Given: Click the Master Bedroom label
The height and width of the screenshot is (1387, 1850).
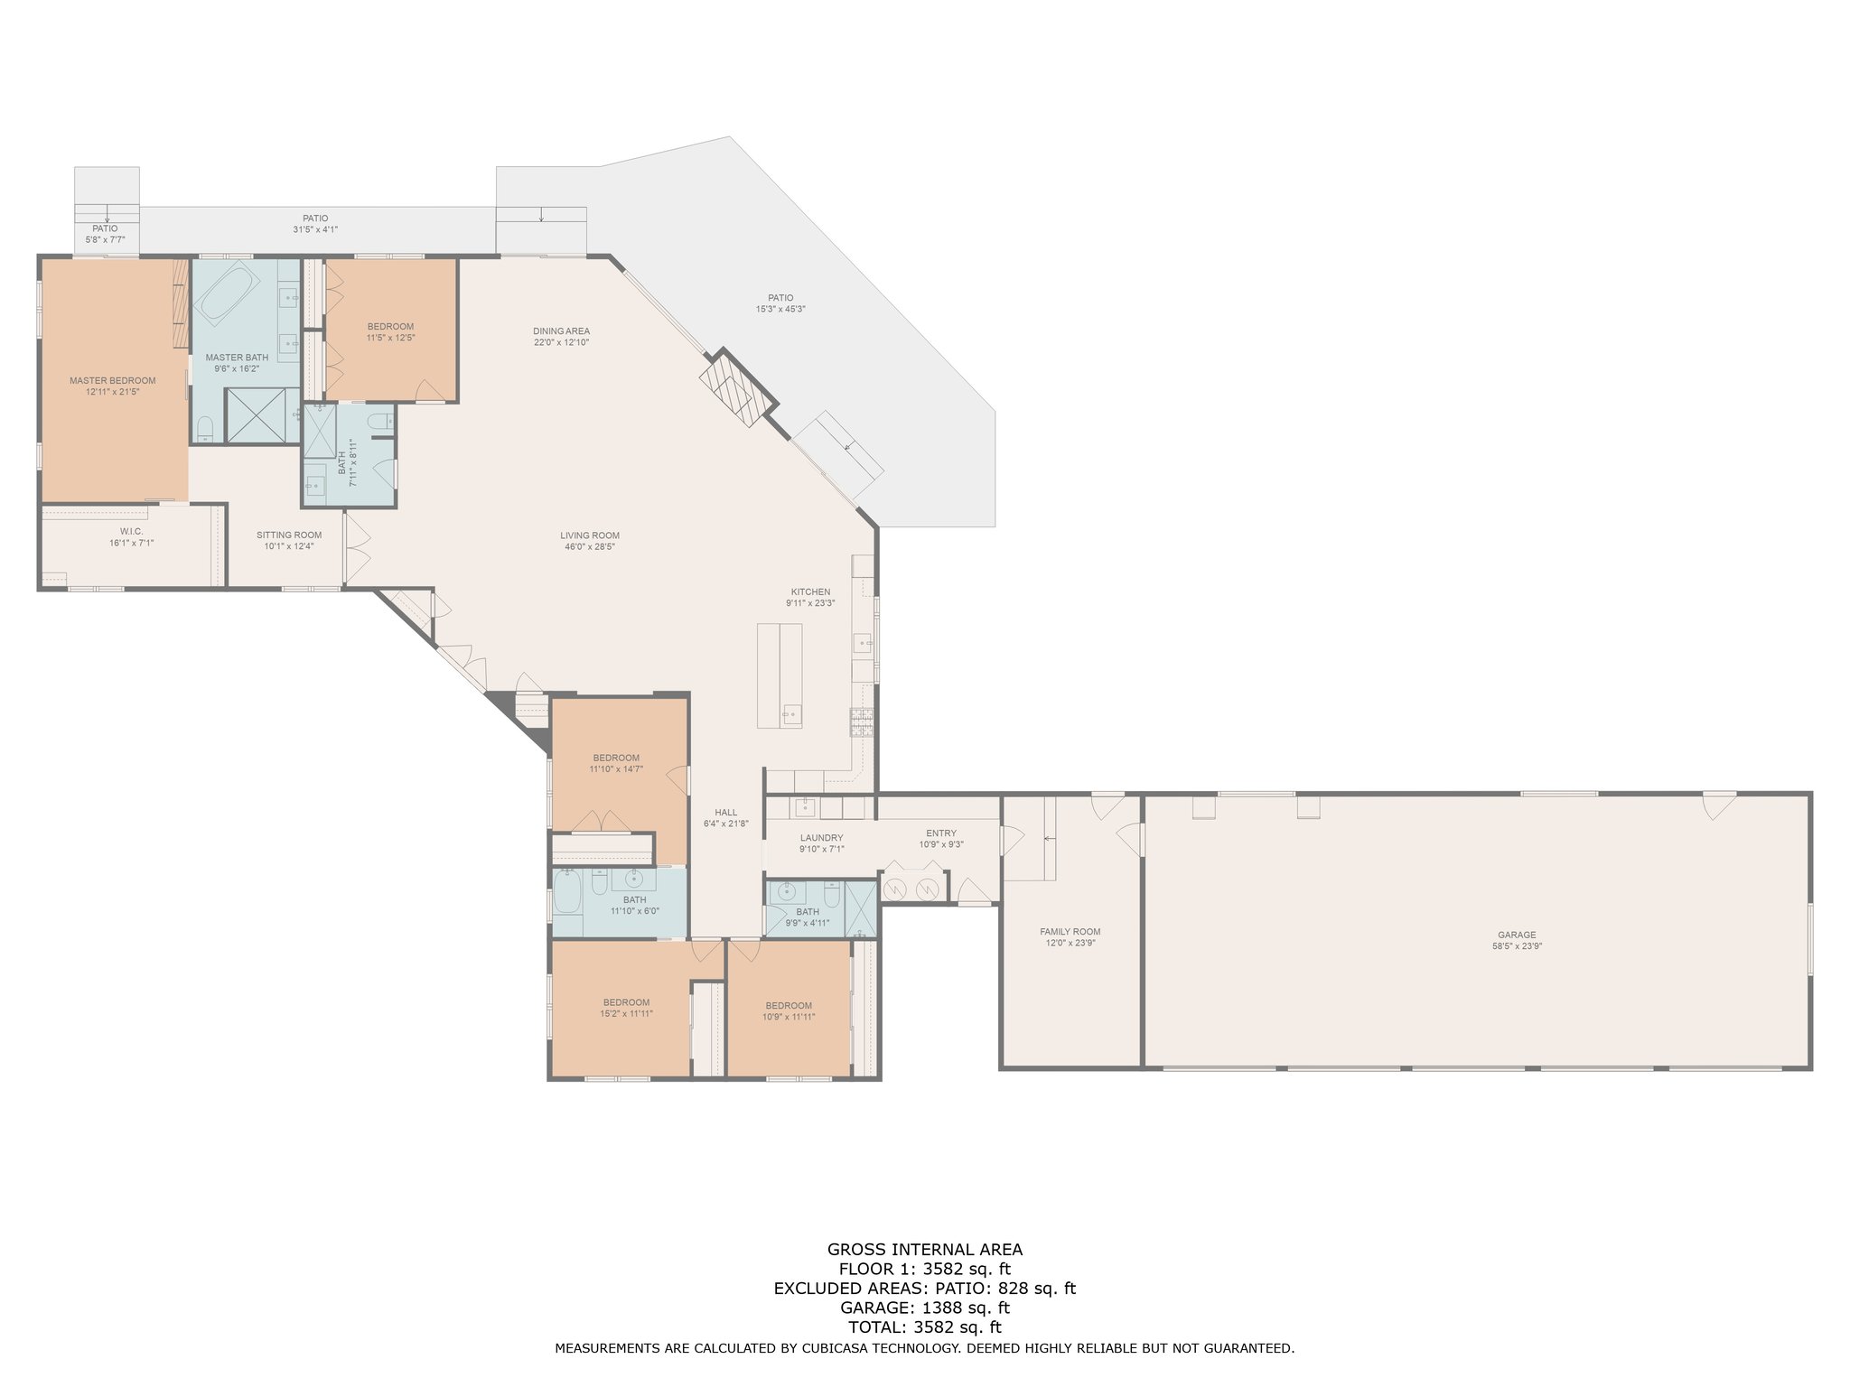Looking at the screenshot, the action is (113, 380).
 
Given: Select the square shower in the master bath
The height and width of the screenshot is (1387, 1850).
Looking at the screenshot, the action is (261, 415).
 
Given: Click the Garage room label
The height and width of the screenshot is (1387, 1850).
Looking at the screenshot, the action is (1517, 935).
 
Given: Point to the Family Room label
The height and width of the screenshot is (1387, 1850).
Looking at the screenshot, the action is (1070, 931).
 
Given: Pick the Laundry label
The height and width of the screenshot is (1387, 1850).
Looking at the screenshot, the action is (821, 837).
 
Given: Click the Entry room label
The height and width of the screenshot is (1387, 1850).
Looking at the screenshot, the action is (941, 833).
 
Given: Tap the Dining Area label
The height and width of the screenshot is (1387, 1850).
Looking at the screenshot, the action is (561, 330).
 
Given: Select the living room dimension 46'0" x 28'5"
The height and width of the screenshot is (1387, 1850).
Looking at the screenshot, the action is (589, 546).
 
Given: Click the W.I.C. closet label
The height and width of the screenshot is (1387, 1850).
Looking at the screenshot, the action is (132, 531).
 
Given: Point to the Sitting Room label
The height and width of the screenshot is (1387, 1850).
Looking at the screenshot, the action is (289, 535).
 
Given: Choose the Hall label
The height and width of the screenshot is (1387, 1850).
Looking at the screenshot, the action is (726, 812).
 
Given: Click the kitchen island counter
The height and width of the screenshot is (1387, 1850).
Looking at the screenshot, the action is (780, 675).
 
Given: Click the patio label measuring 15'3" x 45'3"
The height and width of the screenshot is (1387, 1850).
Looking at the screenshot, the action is (780, 309).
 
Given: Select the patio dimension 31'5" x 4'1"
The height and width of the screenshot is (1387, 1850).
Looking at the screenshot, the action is (315, 229).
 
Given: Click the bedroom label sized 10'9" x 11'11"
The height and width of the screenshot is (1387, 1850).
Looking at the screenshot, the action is (789, 1016).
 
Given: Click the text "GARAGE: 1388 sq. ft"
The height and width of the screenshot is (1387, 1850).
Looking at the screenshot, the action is (924, 1308).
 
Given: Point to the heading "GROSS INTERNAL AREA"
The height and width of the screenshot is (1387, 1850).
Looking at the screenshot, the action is (925, 1250).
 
